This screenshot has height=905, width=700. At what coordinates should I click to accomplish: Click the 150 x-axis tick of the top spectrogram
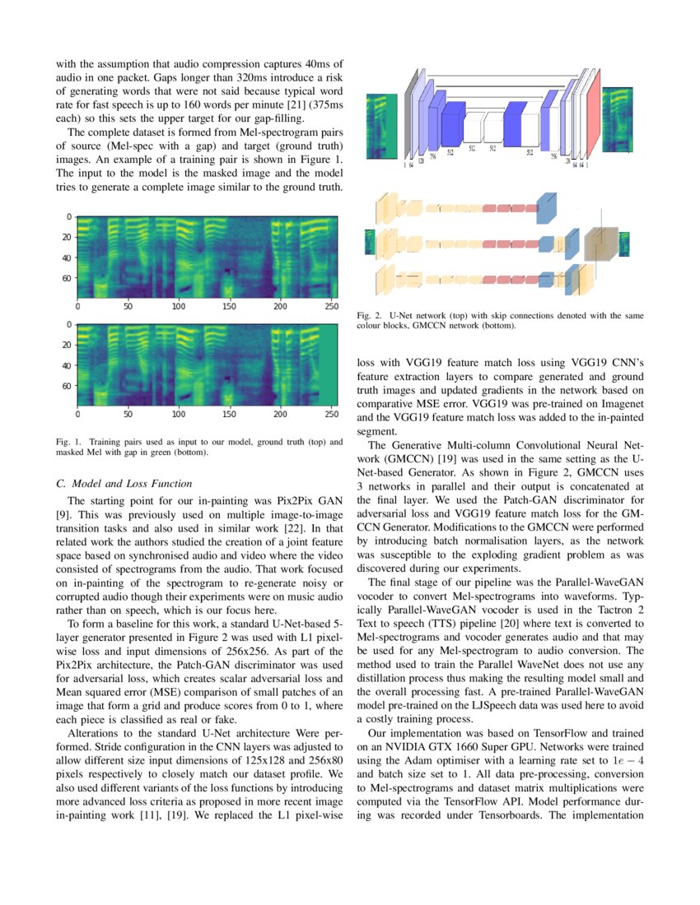coord(229,305)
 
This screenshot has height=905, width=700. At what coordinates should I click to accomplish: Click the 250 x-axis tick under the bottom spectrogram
coord(330,413)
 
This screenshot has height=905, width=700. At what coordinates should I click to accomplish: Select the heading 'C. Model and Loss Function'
coord(124,483)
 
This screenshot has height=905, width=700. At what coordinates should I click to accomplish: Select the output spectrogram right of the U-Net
coord(618,119)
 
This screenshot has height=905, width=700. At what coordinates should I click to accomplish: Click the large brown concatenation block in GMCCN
coord(600,243)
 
